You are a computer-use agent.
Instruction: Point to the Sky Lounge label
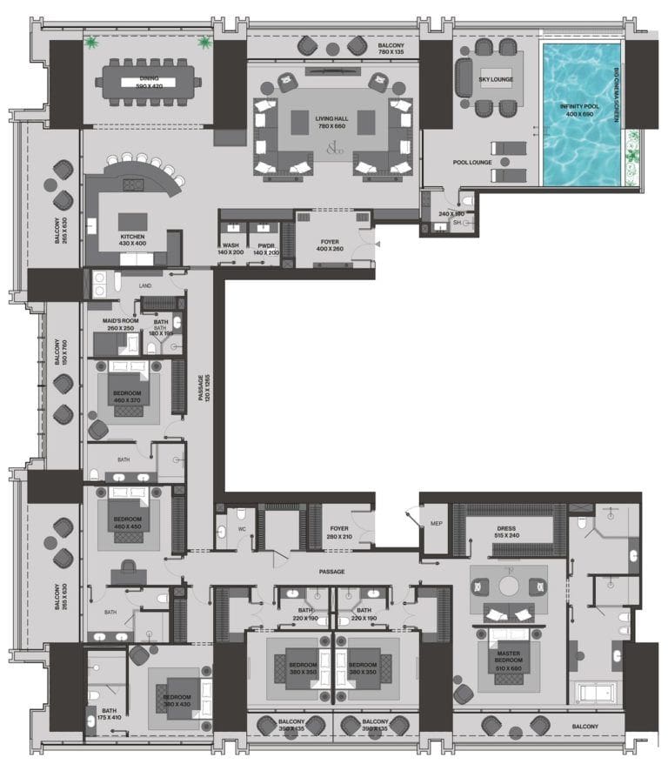click(x=496, y=80)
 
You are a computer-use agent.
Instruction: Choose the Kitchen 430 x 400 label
click(x=133, y=240)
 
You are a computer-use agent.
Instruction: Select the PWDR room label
click(x=265, y=249)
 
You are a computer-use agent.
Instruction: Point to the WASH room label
click(x=230, y=249)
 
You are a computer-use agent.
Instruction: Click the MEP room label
click(x=436, y=523)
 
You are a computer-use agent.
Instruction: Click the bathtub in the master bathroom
click(x=596, y=694)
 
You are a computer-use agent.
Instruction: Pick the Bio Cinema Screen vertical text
click(x=616, y=92)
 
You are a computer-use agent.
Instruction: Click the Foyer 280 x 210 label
click(x=338, y=533)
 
